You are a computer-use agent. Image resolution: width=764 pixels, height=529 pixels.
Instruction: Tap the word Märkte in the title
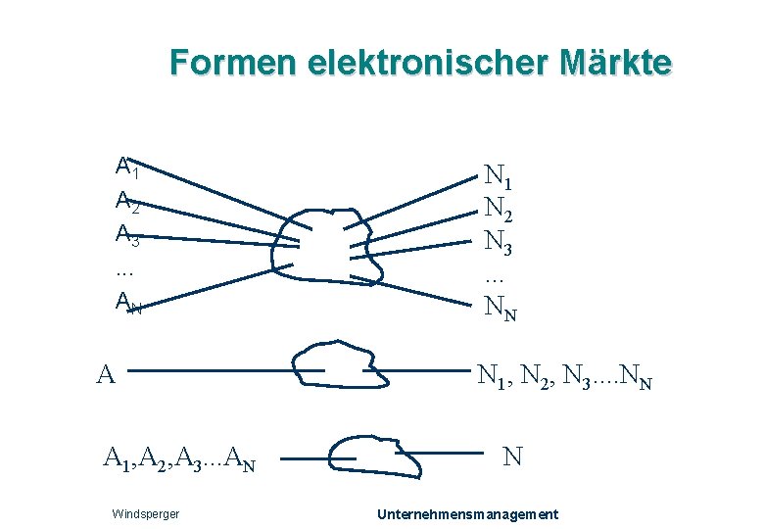618,63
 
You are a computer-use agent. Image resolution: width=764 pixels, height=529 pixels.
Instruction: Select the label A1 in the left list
126,167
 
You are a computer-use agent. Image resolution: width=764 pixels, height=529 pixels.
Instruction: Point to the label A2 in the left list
126,201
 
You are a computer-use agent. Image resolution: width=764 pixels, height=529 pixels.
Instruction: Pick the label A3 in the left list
126,234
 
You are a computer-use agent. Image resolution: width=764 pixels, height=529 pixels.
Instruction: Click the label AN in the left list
128,303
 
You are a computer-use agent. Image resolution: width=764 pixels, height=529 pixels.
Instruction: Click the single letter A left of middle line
108,373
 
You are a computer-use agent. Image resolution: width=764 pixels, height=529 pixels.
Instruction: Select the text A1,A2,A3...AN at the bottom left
179,457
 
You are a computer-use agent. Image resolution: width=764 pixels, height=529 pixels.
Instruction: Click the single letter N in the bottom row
512,456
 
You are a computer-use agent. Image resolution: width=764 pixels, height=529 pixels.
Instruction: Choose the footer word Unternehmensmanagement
468,514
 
